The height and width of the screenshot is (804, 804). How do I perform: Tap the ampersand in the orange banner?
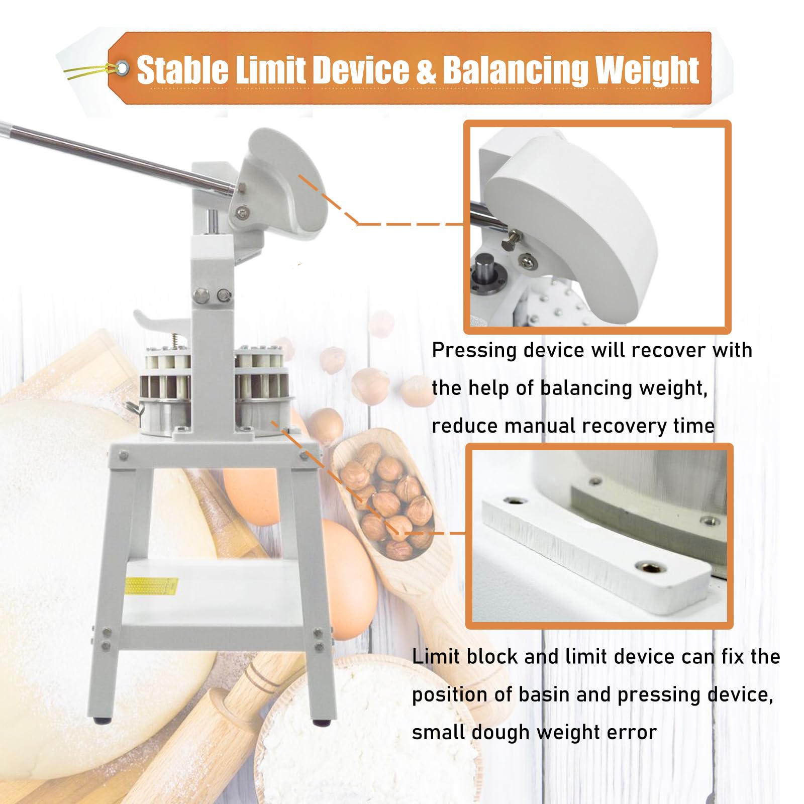426,70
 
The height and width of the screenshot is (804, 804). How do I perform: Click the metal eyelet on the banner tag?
122,68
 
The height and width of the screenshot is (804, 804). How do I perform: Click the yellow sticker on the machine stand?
151,586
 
